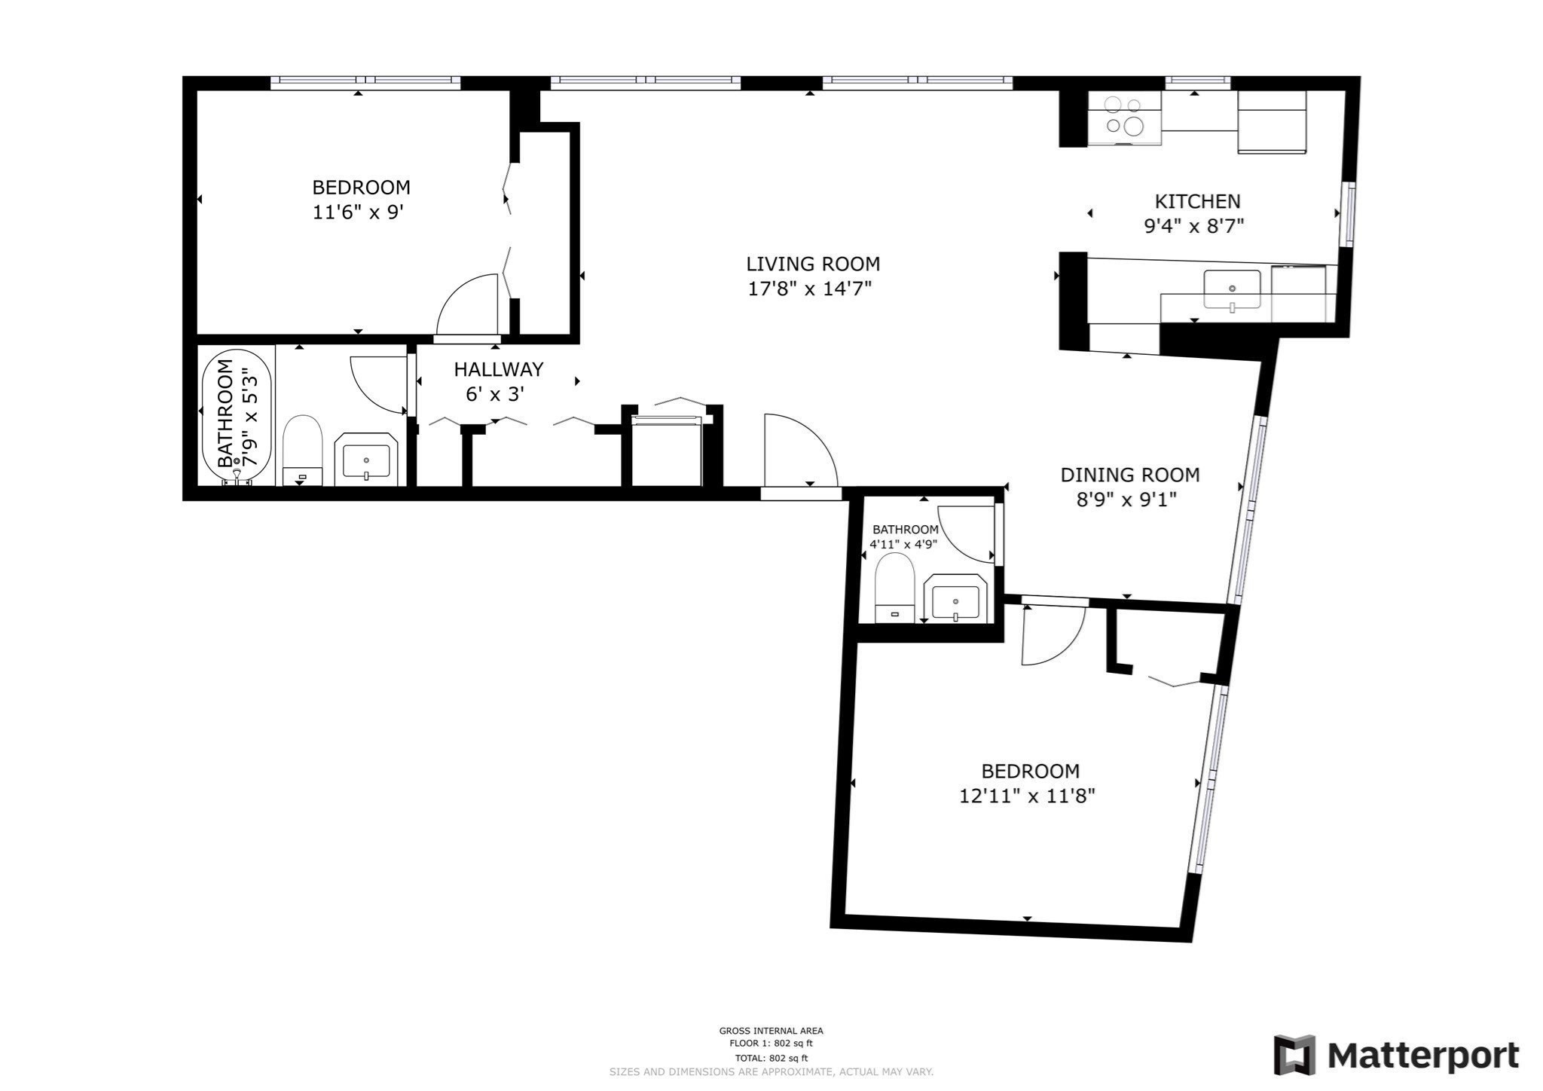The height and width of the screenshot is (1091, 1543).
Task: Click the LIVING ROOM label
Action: (x=813, y=264)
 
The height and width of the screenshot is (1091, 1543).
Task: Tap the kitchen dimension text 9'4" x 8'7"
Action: (x=1193, y=226)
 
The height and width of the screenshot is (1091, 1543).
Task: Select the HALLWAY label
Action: (x=498, y=369)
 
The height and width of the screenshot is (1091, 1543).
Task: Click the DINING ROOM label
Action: (x=1129, y=475)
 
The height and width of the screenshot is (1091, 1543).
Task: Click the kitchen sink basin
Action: (x=1232, y=289)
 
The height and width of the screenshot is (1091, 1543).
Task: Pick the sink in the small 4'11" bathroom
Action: (x=955, y=601)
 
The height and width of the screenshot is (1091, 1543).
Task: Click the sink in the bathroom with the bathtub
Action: (x=366, y=459)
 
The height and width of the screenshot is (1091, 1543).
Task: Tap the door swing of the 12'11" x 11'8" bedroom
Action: (x=1054, y=636)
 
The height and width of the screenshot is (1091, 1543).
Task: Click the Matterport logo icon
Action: (x=1294, y=1055)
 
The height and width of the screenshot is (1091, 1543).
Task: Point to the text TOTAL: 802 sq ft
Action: (x=771, y=1058)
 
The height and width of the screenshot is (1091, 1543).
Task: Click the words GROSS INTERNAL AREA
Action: (x=771, y=1031)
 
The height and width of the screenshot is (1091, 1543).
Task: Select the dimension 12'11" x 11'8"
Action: (x=1026, y=796)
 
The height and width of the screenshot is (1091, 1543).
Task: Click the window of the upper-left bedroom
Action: (x=365, y=82)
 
